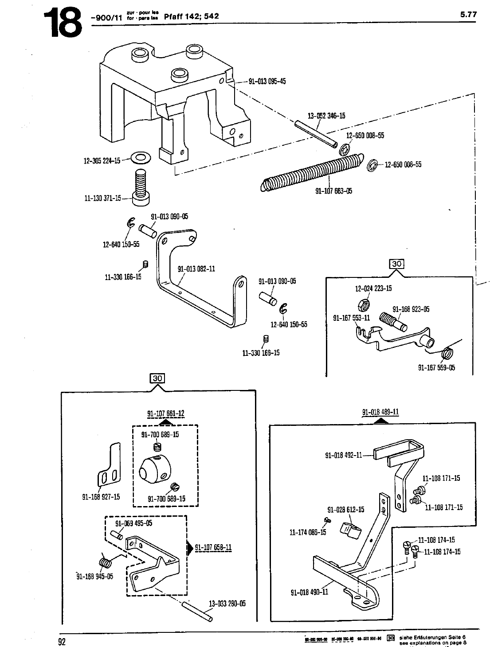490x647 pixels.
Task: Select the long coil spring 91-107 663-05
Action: coord(313,172)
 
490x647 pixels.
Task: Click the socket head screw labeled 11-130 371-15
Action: coord(140,188)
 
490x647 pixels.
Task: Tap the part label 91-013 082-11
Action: coord(196,269)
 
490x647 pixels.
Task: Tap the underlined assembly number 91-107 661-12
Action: coord(165,414)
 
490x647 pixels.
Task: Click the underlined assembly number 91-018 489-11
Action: coord(380,412)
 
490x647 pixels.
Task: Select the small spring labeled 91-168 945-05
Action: coord(105,562)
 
